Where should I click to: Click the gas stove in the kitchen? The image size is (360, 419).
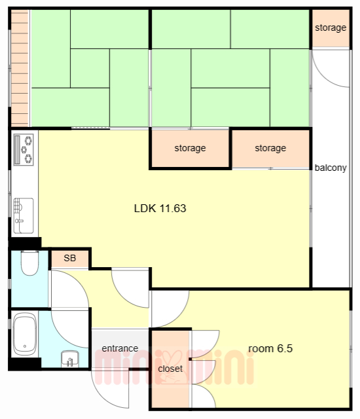point(24,150)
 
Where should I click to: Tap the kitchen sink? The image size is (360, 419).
point(24,215)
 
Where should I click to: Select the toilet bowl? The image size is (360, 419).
point(29,263)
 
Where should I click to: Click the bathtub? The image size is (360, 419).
point(25,334)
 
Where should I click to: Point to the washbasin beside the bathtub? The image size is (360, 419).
point(69,359)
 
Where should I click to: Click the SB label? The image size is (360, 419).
point(69,258)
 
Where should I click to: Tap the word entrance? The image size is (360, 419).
point(120,348)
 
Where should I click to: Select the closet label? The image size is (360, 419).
point(170,369)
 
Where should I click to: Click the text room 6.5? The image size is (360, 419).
point(270,348)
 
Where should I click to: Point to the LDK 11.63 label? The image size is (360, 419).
point(160,208)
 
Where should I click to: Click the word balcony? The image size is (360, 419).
point(331,168)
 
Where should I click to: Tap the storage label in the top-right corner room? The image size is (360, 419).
point(331,27)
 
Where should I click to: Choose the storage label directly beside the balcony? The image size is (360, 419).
point(270,148)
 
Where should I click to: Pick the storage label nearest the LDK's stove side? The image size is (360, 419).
point(190,148)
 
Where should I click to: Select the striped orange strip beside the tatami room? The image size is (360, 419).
point(20,68)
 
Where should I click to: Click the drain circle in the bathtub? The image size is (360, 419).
point(25,346)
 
